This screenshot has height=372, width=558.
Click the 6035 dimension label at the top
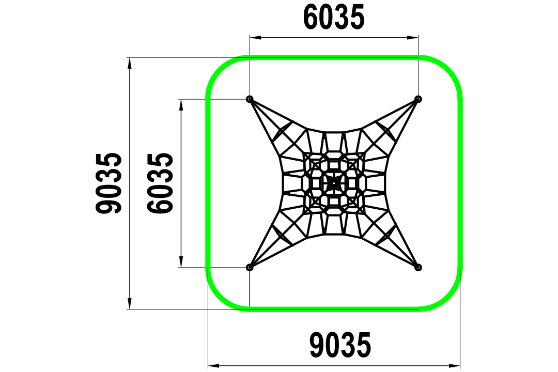(x=334, y=17)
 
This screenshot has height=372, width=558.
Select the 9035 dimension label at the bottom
(x=340, y=345)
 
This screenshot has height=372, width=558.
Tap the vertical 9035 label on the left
(x=109, y=183)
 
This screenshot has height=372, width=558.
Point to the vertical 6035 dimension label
(x=161, y=183)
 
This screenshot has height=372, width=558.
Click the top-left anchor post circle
(x=250, y=99)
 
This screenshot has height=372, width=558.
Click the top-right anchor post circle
(x=418, y=99)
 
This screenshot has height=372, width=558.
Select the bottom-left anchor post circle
(x=250, y=267)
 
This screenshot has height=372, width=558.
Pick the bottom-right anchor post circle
(x=418, y=267)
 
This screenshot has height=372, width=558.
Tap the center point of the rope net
(x=334, y=183)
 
